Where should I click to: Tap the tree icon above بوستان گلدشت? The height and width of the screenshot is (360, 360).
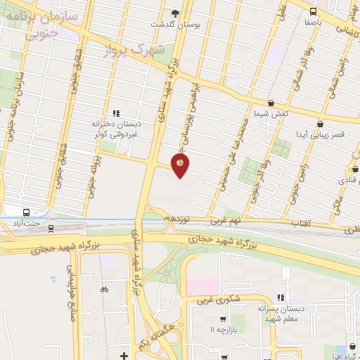(175, 13)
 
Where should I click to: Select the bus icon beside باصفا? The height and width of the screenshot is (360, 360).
(313, 11)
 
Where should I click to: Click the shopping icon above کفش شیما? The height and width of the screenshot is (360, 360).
(271, 103)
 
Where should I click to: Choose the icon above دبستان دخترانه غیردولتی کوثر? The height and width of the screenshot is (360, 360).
(116, 112)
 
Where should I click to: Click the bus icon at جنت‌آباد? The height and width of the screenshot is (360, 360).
(26, 212)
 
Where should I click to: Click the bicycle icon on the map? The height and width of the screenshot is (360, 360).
(105, 288)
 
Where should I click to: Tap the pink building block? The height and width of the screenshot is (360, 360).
(202, 287)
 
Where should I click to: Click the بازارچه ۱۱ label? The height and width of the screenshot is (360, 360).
(224, 330)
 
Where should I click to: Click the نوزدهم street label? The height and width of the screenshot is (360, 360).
(175, 219)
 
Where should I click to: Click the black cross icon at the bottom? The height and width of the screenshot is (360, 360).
(124, 355)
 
